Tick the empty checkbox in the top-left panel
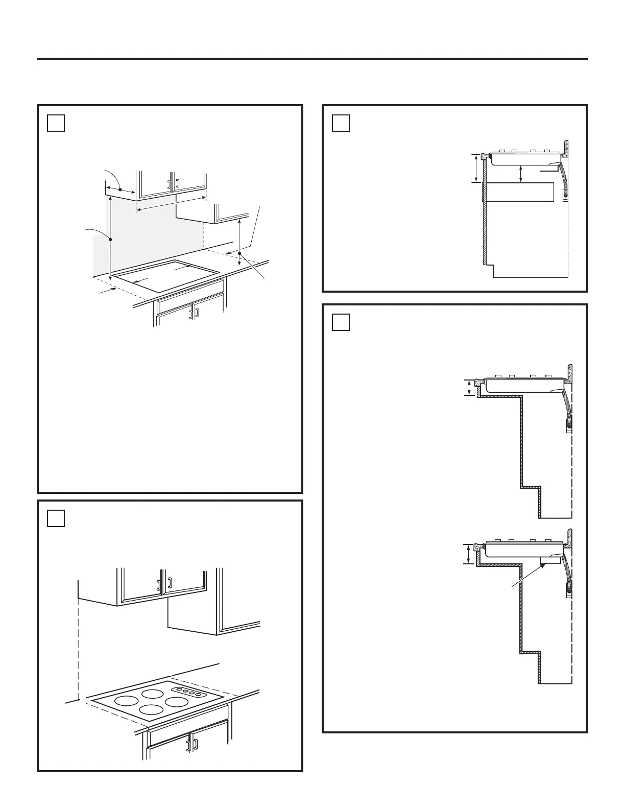[56, 123]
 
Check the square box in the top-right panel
[341, 123]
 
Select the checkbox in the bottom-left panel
[56, 518]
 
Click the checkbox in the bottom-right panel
[341, 322]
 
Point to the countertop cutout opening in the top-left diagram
[166, 276]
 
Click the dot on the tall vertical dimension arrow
[110, 239]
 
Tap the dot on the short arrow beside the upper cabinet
[121, 189]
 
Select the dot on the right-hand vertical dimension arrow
[239, 253]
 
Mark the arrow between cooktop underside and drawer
[520, 173]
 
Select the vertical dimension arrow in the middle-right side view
[469, 388]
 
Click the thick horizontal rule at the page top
[312, 59]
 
